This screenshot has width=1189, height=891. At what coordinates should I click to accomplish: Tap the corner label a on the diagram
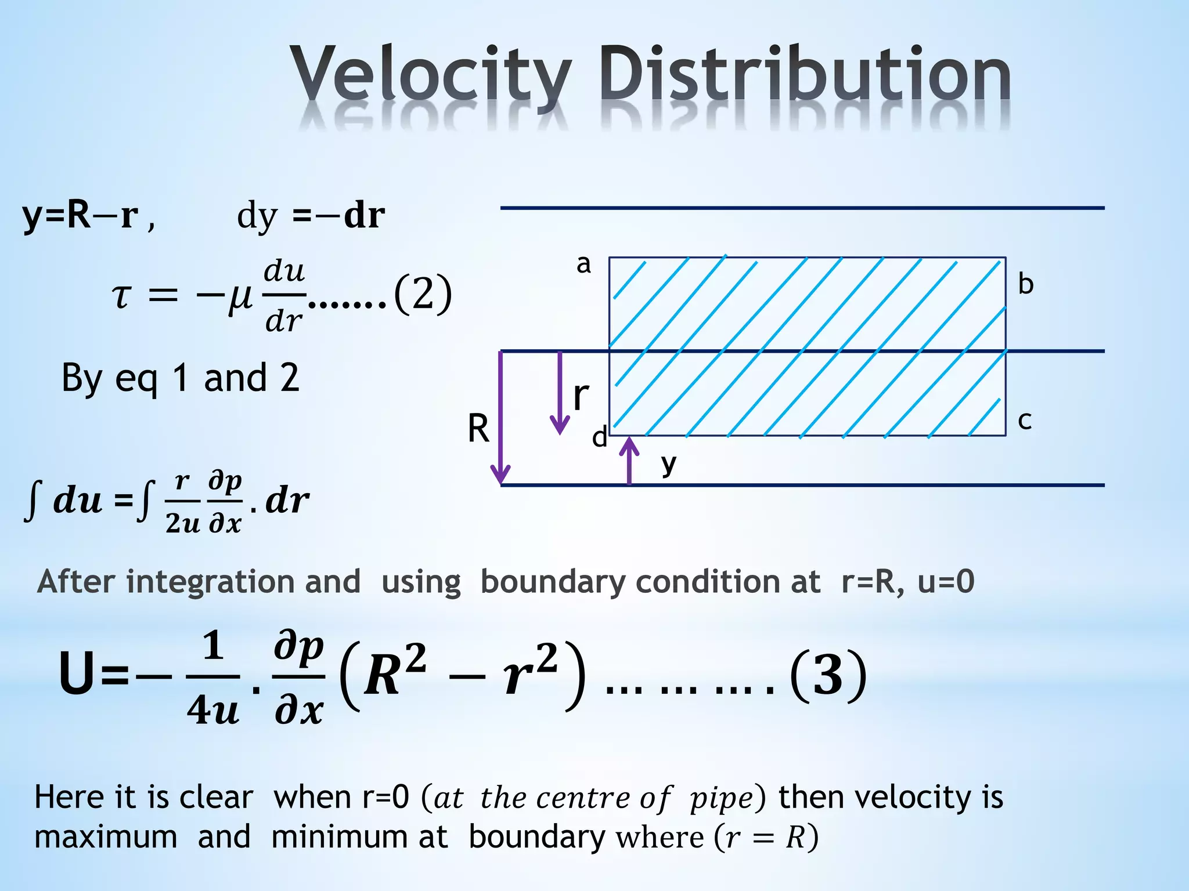[583, 265]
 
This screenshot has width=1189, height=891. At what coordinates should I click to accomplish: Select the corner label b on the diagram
[1026, 284]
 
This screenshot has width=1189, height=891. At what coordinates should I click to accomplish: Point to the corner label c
[1025, 421]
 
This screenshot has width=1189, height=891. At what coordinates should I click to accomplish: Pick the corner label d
[599, 437]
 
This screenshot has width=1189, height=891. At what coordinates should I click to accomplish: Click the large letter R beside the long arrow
[478, 429]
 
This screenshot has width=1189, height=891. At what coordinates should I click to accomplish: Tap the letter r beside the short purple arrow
[581, 396]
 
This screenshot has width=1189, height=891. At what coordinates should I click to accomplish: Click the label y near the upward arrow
[669, 464]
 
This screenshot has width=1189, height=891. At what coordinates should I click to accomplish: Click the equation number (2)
[422, 294]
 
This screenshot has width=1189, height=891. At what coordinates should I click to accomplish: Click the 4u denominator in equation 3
[212, 709]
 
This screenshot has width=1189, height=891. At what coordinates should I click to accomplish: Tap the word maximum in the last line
[106, 837]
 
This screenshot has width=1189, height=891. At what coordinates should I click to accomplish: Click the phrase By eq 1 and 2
[180, 378]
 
